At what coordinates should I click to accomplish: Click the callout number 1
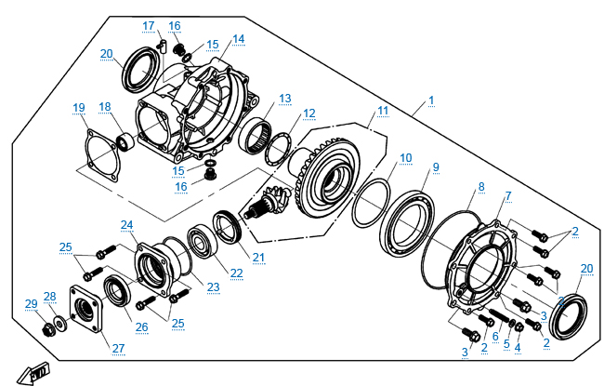tap(430, 100)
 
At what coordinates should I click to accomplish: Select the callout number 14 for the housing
tap(239, 39)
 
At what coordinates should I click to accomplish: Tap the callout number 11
tap(383, 111)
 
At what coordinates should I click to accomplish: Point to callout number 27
tap(118, 348)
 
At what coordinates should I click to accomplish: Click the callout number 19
tap(80, 108)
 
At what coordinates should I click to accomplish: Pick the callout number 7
tap(508, 195)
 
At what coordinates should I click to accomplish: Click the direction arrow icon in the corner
tap(36, 373)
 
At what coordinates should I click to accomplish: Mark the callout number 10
tap(406, 158)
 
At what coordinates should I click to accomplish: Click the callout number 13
tap(284, 98)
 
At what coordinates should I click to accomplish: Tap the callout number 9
tap(435, 167)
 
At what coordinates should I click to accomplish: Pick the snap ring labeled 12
tap(276, 145)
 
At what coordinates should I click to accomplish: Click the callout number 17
tap(149, 25)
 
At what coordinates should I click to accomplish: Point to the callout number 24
tap(126, 225)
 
